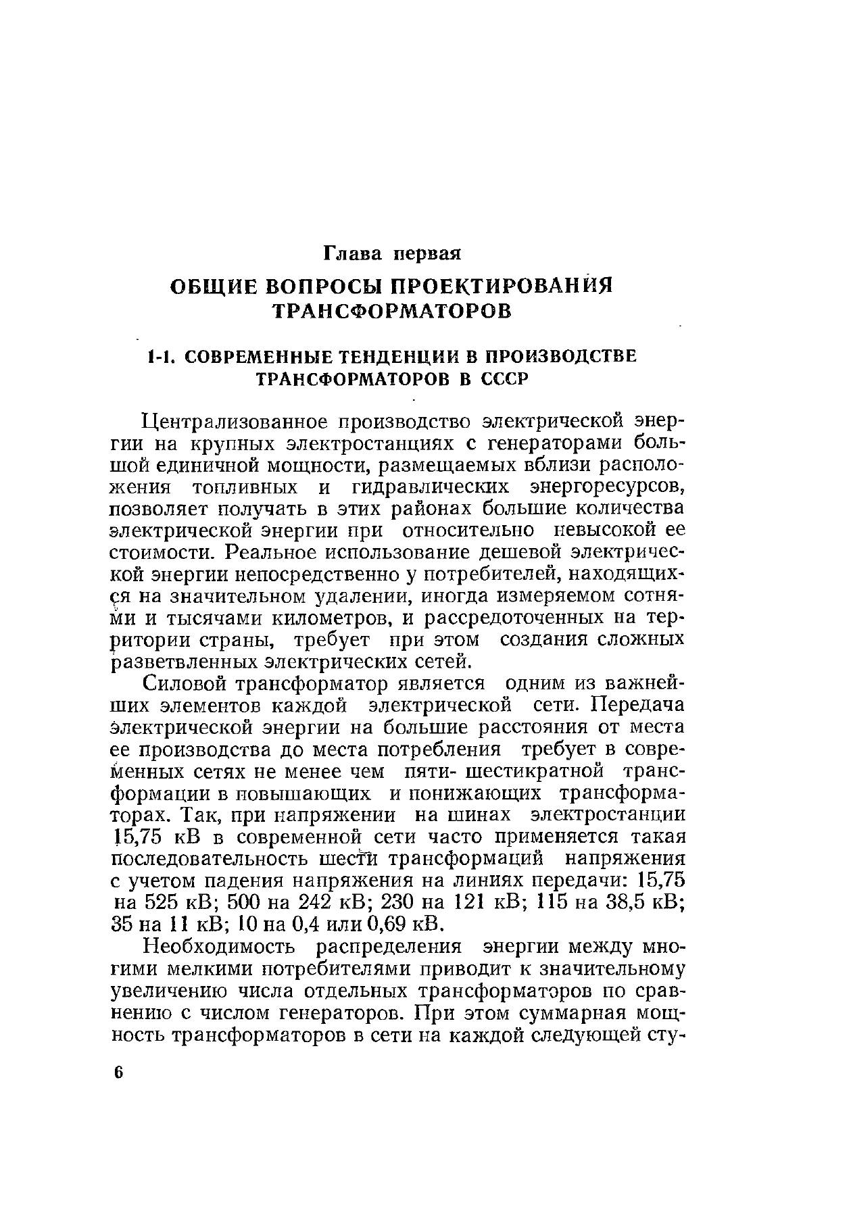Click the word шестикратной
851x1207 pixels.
coord(525,771)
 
